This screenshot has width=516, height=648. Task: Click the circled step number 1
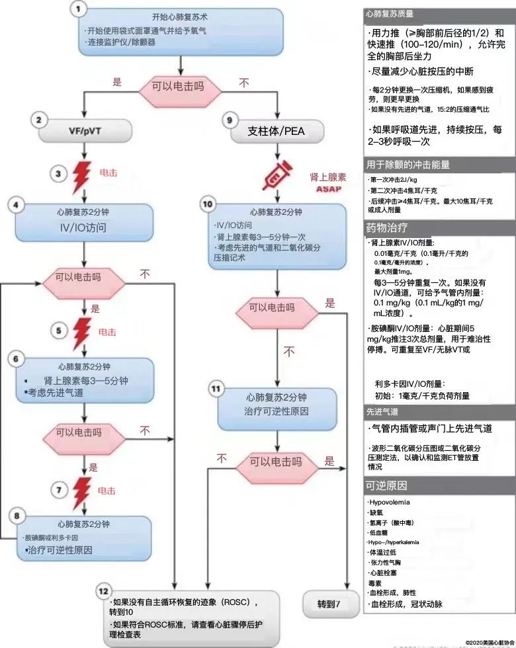point(80,9)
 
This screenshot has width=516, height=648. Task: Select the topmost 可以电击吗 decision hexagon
point(179,85)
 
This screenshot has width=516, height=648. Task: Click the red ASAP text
point(328,188)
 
